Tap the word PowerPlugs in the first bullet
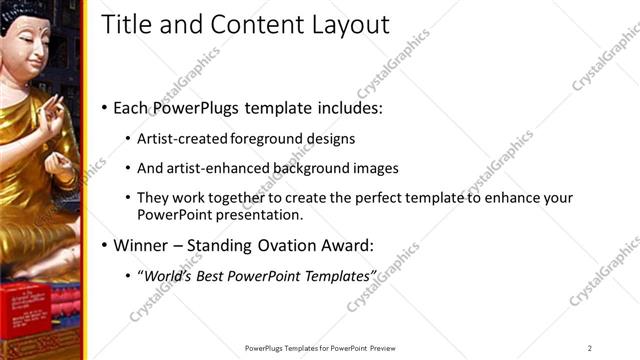coord(191,106)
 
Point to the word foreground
coord(270,138)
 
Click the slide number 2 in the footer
coord(590,347)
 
